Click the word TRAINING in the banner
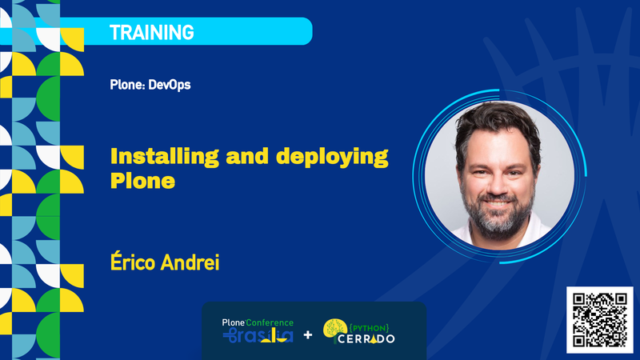point(151,32)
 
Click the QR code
point(599,318)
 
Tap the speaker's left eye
point(514,155)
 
